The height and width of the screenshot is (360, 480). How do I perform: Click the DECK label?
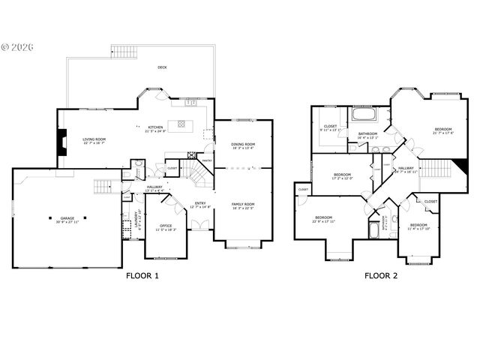pyautogui.click(x=162, y=67)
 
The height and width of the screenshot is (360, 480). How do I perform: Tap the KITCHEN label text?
pyautogui.click(x=155, y=127)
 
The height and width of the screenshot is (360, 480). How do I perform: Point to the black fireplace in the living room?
pyautogui.click(x=61, y=142)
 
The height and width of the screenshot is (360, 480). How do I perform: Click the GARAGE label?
pyautogui.click(x=67, y=219)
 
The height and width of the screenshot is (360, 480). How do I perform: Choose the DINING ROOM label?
pyautogui.click(x=244, y=145)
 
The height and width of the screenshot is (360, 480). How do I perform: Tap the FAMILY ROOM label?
pyautogui.click(x=244, y=204)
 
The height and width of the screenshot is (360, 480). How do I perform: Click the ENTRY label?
pyautogui.click(x=201, y=203)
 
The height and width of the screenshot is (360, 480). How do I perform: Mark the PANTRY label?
pyautogui.click(x=207, y=160)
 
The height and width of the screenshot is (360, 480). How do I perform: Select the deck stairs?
pyautogui.click(x=124, y=52)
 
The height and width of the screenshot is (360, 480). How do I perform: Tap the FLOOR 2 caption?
pyautogui.click(x=381, y=275)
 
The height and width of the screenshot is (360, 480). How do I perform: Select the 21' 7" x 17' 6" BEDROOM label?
pyautogui.click(x=443, y=130)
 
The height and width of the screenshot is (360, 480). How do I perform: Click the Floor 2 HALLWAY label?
pyautogui.click(x=406, y=169)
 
